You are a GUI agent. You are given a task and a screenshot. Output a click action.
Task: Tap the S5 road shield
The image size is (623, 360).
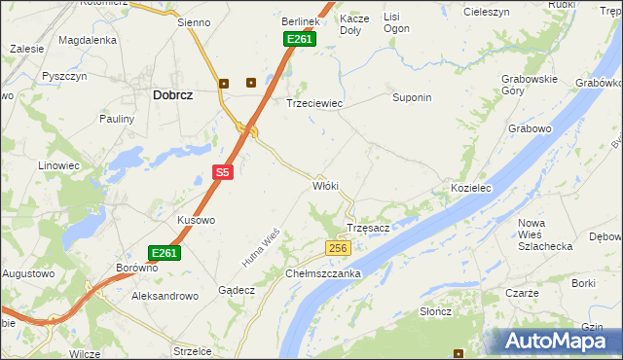click(x=223, y=172)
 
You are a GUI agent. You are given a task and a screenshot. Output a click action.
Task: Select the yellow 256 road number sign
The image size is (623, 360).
click(x=338, y=249)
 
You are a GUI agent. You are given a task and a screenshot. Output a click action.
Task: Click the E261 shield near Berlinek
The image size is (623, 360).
click(x=299, y=38)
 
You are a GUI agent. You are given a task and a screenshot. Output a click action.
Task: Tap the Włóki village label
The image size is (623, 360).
click(x=324, y=185)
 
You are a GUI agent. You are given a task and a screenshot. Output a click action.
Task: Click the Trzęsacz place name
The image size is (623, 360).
click(x=369, y=228)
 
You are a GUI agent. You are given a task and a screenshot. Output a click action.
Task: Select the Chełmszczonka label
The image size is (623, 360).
click(x=324, y=273)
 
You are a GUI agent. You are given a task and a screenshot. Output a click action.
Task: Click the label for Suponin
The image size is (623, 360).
click(x=411, y=98)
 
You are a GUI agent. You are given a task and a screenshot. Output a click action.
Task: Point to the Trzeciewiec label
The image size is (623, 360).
click(x=313, y=103)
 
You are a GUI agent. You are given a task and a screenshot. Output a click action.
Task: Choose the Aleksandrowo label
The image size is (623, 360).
click(x=165, y=295)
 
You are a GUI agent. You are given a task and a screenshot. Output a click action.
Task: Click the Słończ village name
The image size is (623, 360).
click(x=435, y=310)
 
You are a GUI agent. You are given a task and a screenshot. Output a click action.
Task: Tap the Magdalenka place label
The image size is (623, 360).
click(x=88, y=40)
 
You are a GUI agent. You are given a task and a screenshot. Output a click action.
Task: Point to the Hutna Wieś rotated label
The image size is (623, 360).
click(x=261, y=247)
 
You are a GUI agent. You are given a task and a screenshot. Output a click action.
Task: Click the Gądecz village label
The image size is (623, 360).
click(x=237, y=290)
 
